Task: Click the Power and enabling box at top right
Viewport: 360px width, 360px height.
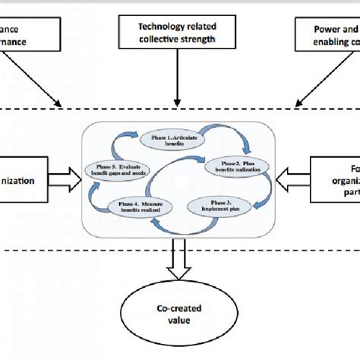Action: pos(327,35)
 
